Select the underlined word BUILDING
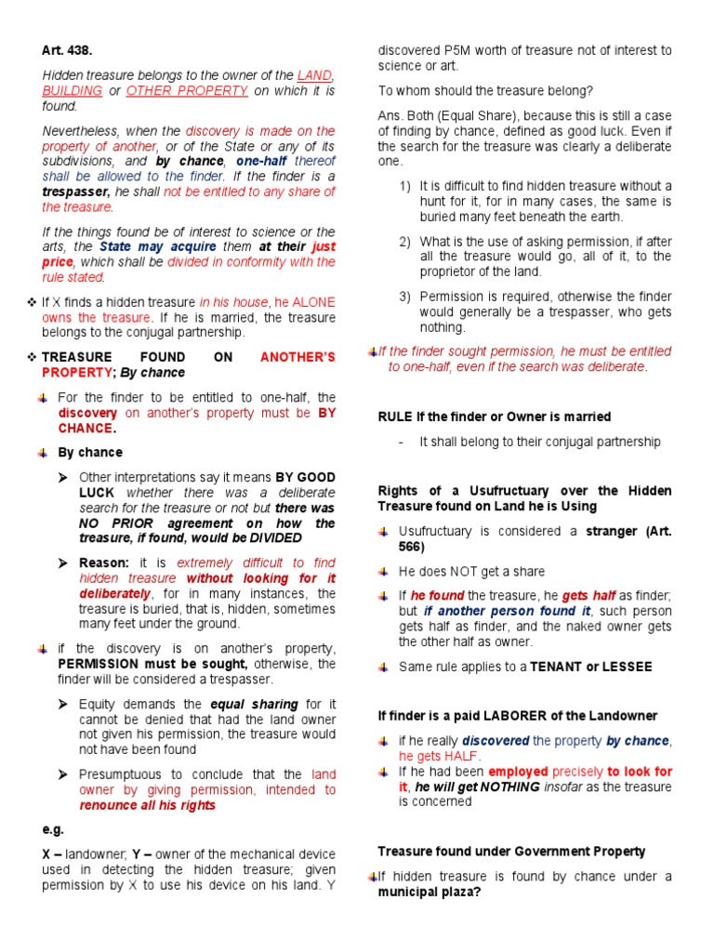(x=72, y=91)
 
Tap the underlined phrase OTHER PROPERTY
(x=187, y=91)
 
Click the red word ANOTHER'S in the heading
(x=297, y=357)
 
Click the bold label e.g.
(x=53, y=829)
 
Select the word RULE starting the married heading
(x=394, y=417)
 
